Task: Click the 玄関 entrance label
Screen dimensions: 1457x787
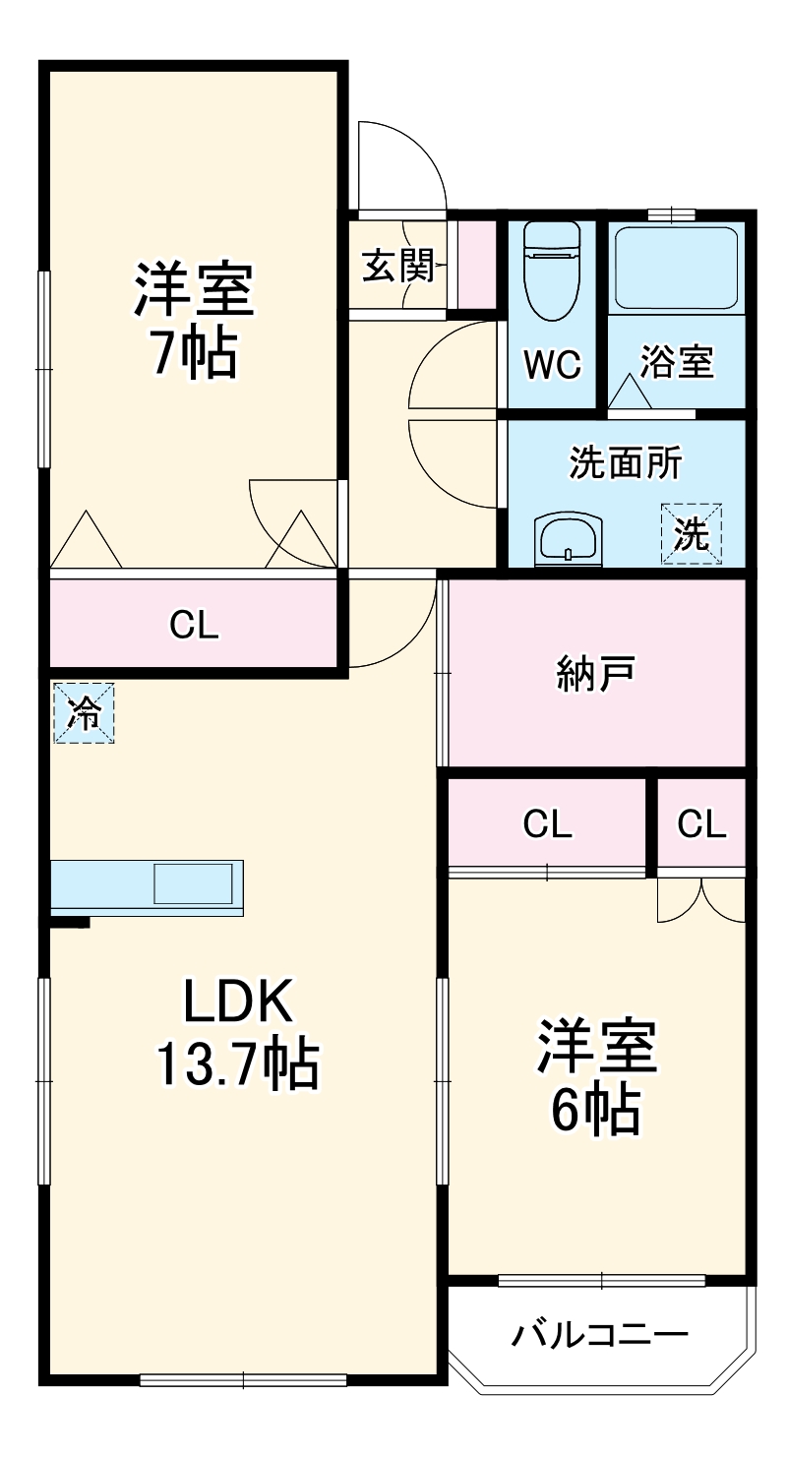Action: click(x=397, y=266)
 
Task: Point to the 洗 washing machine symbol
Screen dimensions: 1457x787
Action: click(x=691, y=534)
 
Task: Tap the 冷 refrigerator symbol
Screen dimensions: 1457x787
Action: click(x=84, y=713)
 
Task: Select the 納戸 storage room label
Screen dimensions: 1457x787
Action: click(x=595, y=674)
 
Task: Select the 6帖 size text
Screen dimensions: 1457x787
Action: click(x=595, y=1111)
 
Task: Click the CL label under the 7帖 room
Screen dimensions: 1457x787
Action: click(x=194, y=625)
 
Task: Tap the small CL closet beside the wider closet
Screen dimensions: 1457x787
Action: click(x=701, y=824)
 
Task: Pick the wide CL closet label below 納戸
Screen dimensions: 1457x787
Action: click(x=547, y=824)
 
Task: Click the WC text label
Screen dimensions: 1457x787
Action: click(x=552, y=365)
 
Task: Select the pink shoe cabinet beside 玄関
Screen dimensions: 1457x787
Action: click(x=477, y=264)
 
